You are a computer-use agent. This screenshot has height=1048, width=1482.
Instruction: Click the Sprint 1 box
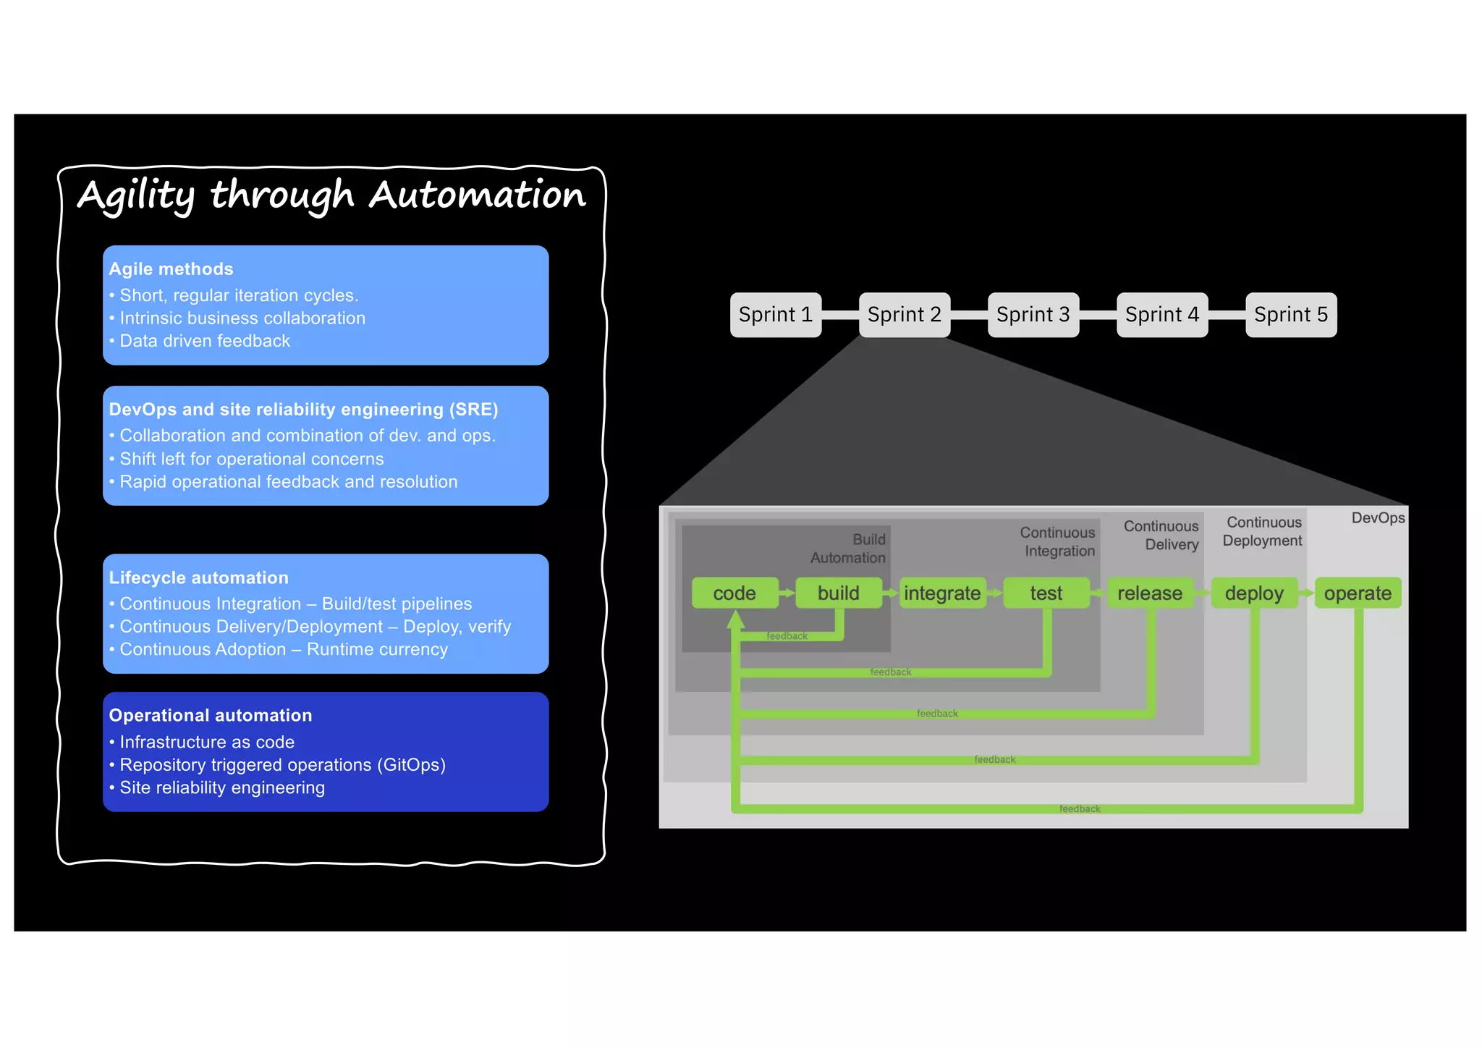pyautogui.click(x=775, y=315)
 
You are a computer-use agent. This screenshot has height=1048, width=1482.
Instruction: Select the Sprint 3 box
pyautogui.click(x=1033, y=315)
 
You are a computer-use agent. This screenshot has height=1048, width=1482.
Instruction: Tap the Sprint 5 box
pyautogui.click(x=1290, y=315)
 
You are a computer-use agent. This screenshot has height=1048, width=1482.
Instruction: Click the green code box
pyautogui.click(x=734, y=593)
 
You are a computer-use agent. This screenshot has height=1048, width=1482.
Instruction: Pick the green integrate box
pyautogui.click(x=942, y=593)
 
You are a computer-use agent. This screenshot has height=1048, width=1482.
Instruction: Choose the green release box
pyautogui.click(x=1149, y=593)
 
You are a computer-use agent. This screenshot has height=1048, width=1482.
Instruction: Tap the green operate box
pyautogui.click(x=1358, y=593)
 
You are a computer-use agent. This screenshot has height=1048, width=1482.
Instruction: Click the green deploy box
pyautogui.click(x=1253, y=593)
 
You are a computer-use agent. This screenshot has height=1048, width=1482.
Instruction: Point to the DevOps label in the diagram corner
pyautogui.click(x=1378, y=518)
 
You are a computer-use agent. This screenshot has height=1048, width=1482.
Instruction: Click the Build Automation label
pyautogui.click(x=848, y=549)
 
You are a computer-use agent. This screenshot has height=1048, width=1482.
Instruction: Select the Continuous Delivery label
pyautogui.click(x=1161, y=536)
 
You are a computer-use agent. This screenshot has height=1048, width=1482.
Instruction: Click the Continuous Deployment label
pyautogui.click(x=1263, y=531)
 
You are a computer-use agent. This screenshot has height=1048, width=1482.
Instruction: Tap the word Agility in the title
pyautogui.click(x=136, y=195)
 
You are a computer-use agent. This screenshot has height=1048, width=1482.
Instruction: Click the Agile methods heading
pyautogui.click(x=171, y=269)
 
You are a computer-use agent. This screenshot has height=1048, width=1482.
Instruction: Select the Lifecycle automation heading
pyautogui.click(x=198, y=578)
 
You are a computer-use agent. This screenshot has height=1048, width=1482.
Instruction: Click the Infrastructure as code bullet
pyautogui.click(x=207, y=742)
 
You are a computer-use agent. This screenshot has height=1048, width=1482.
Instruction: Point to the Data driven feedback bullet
pyautogui.click(x=205, y=341)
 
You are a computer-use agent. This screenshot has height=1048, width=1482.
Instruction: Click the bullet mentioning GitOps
pyautogui.click(x=282, y=765)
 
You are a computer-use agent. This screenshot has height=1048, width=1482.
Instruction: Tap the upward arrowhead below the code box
pyautogui.click(x=736, y=619)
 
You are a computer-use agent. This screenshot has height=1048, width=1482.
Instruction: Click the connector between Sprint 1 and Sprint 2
pyautogui.click(x=840, y=315)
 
